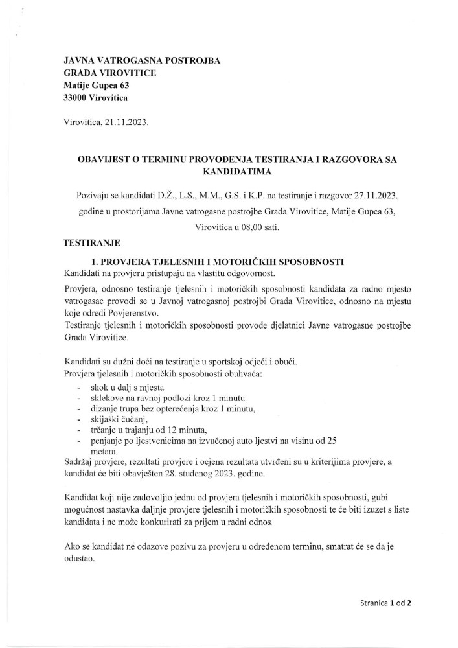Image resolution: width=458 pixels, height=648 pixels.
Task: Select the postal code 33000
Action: tap(76, 98)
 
